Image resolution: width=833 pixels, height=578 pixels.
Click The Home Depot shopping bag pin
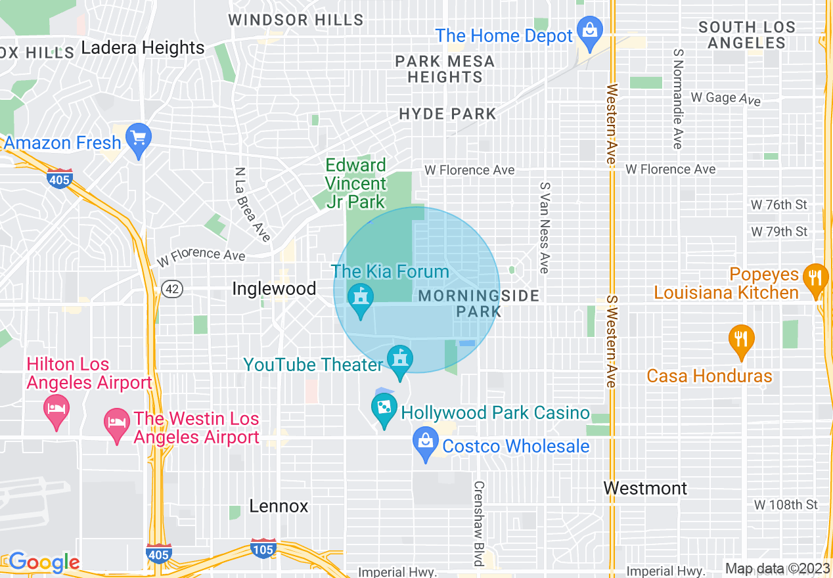coord(590,31)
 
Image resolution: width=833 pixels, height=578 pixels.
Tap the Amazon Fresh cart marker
coord(138,139)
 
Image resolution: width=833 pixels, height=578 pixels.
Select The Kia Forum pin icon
coord(359,299)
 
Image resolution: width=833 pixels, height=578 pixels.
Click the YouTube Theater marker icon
coord(399,360)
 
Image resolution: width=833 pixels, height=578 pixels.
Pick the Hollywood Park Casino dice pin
coord(382,409)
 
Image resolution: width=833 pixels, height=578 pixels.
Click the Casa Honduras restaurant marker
coord(741,340)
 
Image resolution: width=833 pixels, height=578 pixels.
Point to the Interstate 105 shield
coord(263,548)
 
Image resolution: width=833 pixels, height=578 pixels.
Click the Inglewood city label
coord(274,288)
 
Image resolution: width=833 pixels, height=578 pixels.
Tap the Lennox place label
coord(279,506)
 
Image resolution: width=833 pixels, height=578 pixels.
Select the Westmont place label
coord(636,488)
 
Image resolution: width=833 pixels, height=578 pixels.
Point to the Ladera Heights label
coord(143,48)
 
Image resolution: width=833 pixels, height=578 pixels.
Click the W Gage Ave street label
coord(725,98)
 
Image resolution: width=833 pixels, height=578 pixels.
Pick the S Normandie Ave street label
coord(677,99)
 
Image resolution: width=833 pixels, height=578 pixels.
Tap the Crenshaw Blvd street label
coord(479,523)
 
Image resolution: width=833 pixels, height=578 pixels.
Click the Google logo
coord(43,562)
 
